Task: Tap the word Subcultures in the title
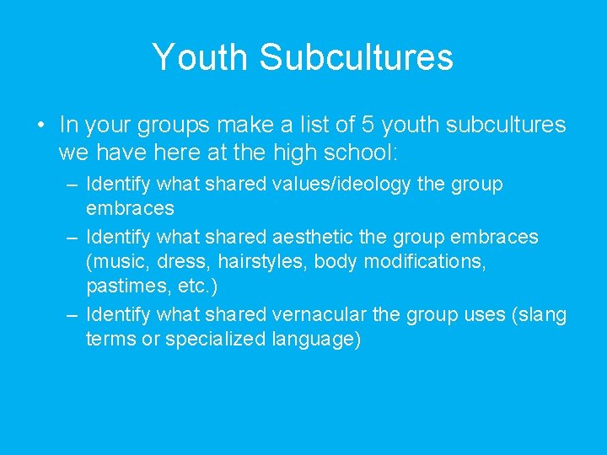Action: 357,57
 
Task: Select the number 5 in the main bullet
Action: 368,126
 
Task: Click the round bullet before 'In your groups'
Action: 40,126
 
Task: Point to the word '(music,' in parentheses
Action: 116,261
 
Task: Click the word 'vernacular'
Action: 320,315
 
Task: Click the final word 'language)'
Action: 315,340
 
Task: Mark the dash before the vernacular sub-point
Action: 73,315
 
